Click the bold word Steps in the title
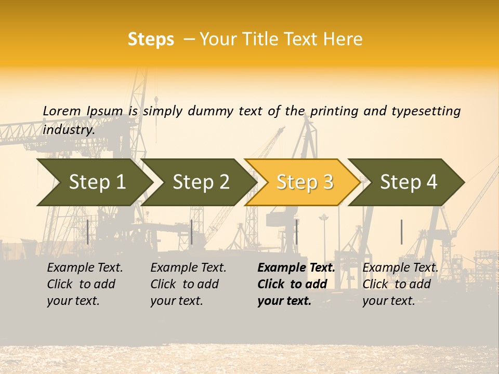pos(151,39)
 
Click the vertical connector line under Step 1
pos(88,232)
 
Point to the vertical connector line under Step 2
pos(192,232)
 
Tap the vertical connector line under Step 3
pos(296,232)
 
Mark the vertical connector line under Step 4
pos(401,232)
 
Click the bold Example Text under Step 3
pos(296,284)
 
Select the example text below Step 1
pos(85,284)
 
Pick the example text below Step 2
pos(188,284)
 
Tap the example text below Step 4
pos(400,284)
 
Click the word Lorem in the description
pos(62,111)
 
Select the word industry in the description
pos(69,130)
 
